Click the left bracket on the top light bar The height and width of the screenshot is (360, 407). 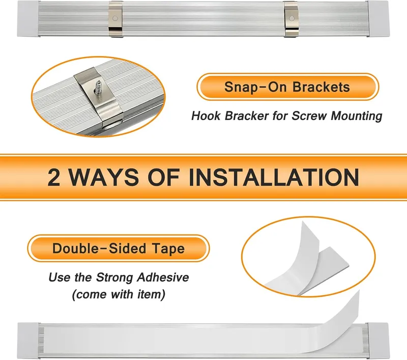116,19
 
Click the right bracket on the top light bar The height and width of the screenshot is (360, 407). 290,19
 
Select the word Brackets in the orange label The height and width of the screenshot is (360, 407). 322,87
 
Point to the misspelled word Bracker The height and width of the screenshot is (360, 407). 247,115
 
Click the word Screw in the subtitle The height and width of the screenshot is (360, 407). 309,115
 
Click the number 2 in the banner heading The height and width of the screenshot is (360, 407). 54,177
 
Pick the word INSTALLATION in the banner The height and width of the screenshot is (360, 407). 274,177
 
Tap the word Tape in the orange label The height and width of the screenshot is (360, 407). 168,249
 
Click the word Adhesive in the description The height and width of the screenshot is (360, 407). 163,277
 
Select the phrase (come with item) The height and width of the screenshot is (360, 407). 119,294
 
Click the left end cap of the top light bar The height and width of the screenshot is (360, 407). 28,19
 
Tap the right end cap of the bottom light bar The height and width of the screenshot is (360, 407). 378,340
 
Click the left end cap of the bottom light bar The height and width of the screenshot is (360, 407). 28,340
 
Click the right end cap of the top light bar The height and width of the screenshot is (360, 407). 379,19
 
